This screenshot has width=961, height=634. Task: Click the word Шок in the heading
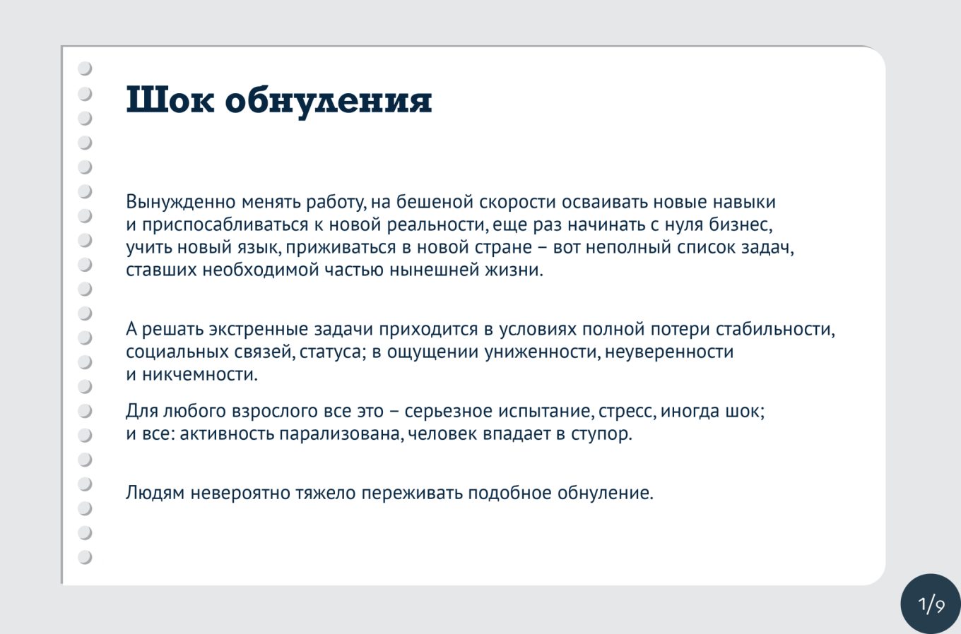click(170, 100)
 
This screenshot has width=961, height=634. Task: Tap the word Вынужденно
click(181, 202)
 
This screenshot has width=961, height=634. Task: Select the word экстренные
click(259, 329)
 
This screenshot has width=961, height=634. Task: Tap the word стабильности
click(775, 329)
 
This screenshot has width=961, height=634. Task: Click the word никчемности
click(200, 375)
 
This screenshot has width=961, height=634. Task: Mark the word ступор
click(601, 433)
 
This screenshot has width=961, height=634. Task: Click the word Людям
click(155, 493)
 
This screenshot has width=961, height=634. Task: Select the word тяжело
click(326, 493)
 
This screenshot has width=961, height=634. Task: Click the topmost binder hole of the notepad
click(85, 68)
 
